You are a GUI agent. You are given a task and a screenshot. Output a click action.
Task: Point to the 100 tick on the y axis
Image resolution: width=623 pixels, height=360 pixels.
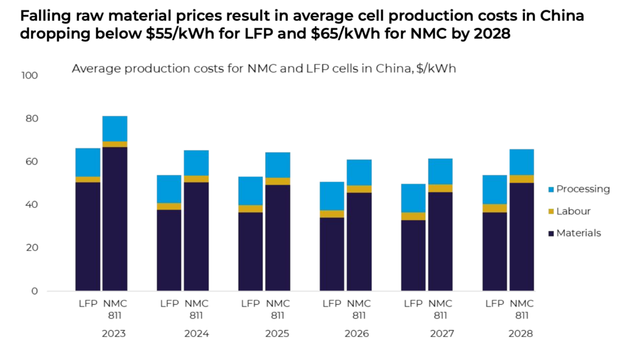pyautogui.click(x=29, y=76)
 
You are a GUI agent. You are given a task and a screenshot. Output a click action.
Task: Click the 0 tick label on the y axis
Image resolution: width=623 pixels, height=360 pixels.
pyautogui.click(x=35, y=291)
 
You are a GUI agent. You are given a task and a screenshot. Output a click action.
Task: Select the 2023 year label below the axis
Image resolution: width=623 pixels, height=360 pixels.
pyautogui.click(x=114, y=334)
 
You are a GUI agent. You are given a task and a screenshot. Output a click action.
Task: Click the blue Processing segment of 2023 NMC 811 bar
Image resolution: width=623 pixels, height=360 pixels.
pyautogui.click(x=114, y=128)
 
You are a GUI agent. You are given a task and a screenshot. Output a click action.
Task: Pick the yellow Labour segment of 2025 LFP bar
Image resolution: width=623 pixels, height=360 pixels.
pyautogui.click(x=251, y=209)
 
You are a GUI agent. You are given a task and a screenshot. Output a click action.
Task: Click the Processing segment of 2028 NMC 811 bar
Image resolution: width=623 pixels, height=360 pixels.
pyautogui.click(x=521, y=162)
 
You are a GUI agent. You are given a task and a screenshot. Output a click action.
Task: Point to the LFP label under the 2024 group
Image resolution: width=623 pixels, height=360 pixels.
pyautogui.click(x=169, y=303)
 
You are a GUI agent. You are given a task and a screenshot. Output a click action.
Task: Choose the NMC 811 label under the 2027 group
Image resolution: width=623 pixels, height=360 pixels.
pyautogui.click(x=440, y=309)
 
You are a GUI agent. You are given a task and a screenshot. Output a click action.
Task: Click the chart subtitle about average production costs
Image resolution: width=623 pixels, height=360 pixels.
pyautogui.click(x=263, y=69)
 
